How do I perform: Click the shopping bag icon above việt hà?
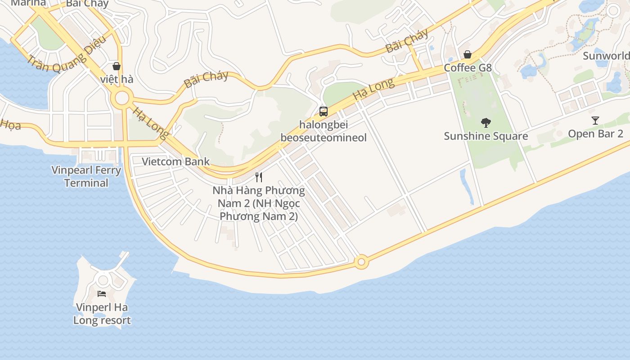(117, 66)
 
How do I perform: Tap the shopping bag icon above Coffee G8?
(468, 54)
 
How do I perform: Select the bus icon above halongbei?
(323, 112)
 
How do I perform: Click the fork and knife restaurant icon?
(259, 177)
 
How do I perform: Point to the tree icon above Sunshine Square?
(486, 122)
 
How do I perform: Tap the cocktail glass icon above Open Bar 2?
(595, 121)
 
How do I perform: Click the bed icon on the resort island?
(102, 294)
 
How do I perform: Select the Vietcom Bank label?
(175, 162)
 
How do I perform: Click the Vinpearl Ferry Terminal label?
(86, 176)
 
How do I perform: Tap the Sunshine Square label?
(486, 136)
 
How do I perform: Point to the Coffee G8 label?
(468, 68)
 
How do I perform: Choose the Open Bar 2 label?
(595, 134)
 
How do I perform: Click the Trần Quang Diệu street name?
(66, 55)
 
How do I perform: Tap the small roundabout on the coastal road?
(361, 262)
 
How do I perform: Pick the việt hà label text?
(117, 79)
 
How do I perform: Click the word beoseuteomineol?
(324, 138)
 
